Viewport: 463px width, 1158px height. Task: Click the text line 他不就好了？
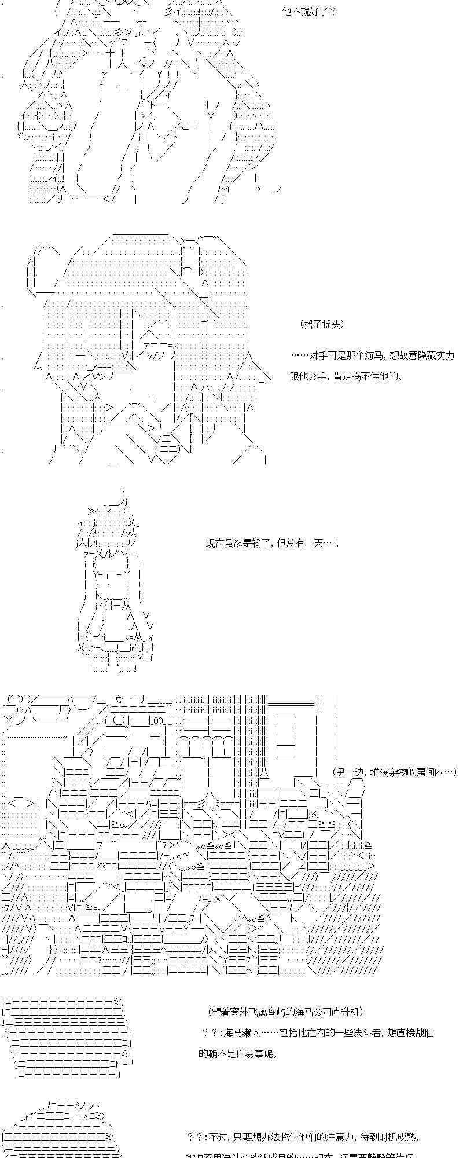coord(308,12)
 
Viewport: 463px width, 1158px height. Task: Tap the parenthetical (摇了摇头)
coord(322,324)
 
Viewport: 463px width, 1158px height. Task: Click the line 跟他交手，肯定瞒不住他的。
coord(346,376)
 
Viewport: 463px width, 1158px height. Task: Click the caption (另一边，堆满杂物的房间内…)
coord(395,772)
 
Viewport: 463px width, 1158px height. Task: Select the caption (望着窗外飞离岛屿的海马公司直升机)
coord(285,1012)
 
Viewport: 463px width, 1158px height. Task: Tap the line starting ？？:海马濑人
coord(318,1032)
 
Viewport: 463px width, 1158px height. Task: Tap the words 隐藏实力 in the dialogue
coord(436,356)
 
